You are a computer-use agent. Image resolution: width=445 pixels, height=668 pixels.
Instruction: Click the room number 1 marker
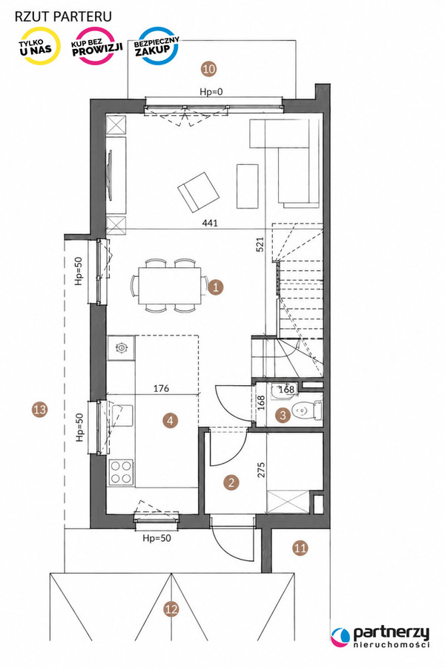(x=216, y=287)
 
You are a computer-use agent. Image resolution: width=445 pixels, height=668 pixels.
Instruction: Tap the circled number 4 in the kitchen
(x=171, y=421)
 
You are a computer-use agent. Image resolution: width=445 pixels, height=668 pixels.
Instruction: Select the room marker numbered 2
(x=231, y=482)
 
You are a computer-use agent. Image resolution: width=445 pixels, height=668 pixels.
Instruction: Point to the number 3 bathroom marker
(x=283, y=415)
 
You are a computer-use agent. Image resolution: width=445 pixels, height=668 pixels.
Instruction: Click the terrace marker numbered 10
(x=208, y=68)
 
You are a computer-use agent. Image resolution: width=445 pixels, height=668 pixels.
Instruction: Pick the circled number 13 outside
(x=39, y=410)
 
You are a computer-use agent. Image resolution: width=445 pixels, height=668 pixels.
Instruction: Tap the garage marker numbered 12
(x=171, y=609)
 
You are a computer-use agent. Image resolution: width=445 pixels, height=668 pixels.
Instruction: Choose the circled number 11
(x=300, y=548)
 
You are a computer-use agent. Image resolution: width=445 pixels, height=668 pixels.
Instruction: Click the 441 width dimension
(x=209, y=223)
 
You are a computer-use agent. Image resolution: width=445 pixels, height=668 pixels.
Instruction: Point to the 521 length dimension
(x=260, y=244)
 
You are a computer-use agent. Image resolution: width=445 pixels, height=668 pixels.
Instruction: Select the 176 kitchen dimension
(x=161, y=388)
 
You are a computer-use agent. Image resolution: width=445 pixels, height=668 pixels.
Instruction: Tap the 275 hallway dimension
(x=261, y=470)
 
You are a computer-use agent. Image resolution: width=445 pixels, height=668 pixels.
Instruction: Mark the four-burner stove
(x=122, y=472)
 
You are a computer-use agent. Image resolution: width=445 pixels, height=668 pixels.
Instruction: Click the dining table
(x=170, y=286)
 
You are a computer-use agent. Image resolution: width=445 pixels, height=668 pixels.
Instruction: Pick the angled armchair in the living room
(x=199, y=192)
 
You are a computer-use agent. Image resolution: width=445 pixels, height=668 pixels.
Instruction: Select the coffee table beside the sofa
(x=248, y=186)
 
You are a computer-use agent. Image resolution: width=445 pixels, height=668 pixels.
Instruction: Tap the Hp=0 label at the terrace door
(x=211, y=91)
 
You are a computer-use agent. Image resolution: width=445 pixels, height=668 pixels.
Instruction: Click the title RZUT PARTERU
(x=63, y=16)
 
